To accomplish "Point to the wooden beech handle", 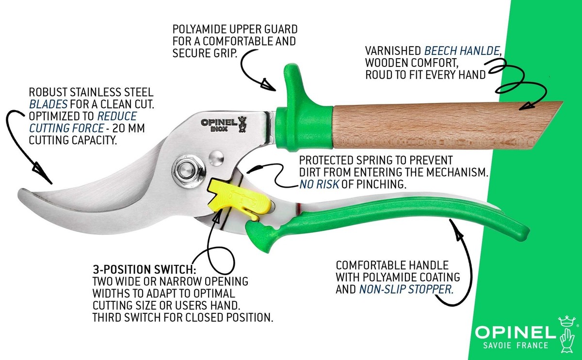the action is [436, 125].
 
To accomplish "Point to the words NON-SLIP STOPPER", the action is [406, 290].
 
